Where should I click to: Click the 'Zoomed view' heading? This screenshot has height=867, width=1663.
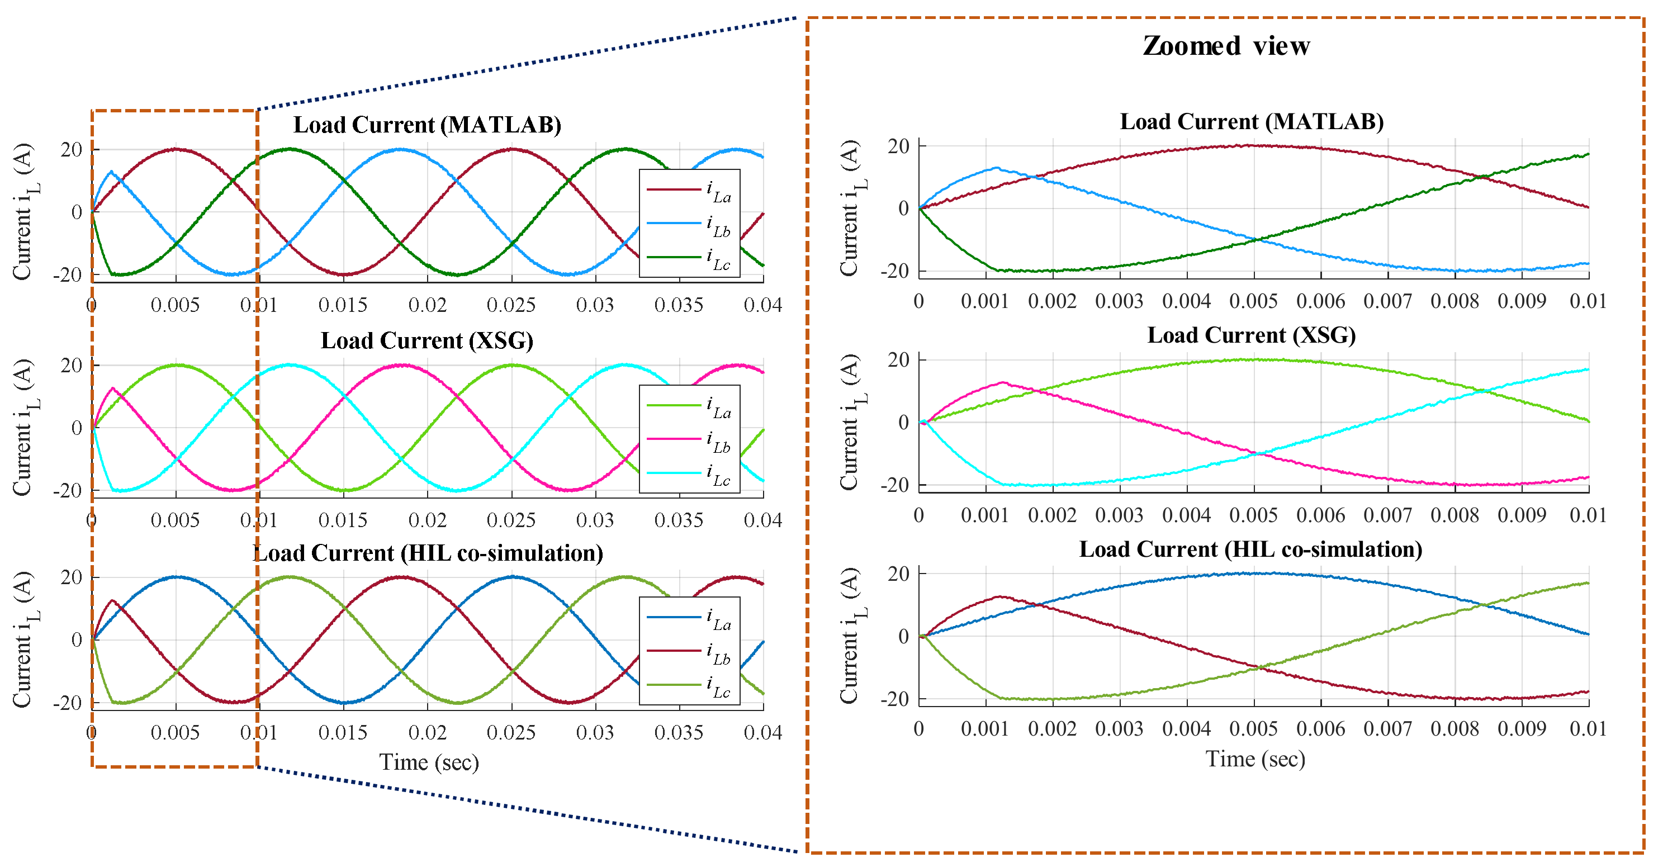pyautogui.click(x=1226, y=46)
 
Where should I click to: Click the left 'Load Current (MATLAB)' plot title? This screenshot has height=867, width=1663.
pyautogui.click(x=428, y=125)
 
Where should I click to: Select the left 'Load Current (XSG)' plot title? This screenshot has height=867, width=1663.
pyautogui.click(x=428, y=340)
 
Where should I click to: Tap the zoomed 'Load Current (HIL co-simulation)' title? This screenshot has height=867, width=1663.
pyautogui.click(x=1250, y=549)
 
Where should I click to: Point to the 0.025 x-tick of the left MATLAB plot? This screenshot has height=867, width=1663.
pyautogui.click(x=511, y=305)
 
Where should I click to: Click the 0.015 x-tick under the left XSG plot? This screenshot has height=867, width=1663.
pyautogui.click(x=343, y=520)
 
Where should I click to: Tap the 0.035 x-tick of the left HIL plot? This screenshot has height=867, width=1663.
pyautogui.click(x=679, y=733)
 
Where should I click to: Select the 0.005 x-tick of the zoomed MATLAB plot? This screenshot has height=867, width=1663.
pyautogui.click(x=1254, y=301)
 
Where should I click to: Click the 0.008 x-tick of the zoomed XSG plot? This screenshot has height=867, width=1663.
pyautogui.click(x=1454, y=516)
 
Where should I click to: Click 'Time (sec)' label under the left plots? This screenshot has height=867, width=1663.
pyautogui.click(x=429, y=762)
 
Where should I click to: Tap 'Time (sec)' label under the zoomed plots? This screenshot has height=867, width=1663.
pyautogui.click(x=1255, y=759)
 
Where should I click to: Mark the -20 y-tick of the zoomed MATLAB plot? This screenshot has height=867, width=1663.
pyautogui.click(x=895, y=271)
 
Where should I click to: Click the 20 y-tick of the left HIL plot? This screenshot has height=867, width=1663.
pyautogui.click(x=72, y=577)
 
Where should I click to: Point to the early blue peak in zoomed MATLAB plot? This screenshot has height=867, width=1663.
pyautogui.click(x=997, y=168)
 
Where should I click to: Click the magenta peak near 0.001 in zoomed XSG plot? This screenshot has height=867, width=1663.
pyautogui.click(x=1003, y=382)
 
